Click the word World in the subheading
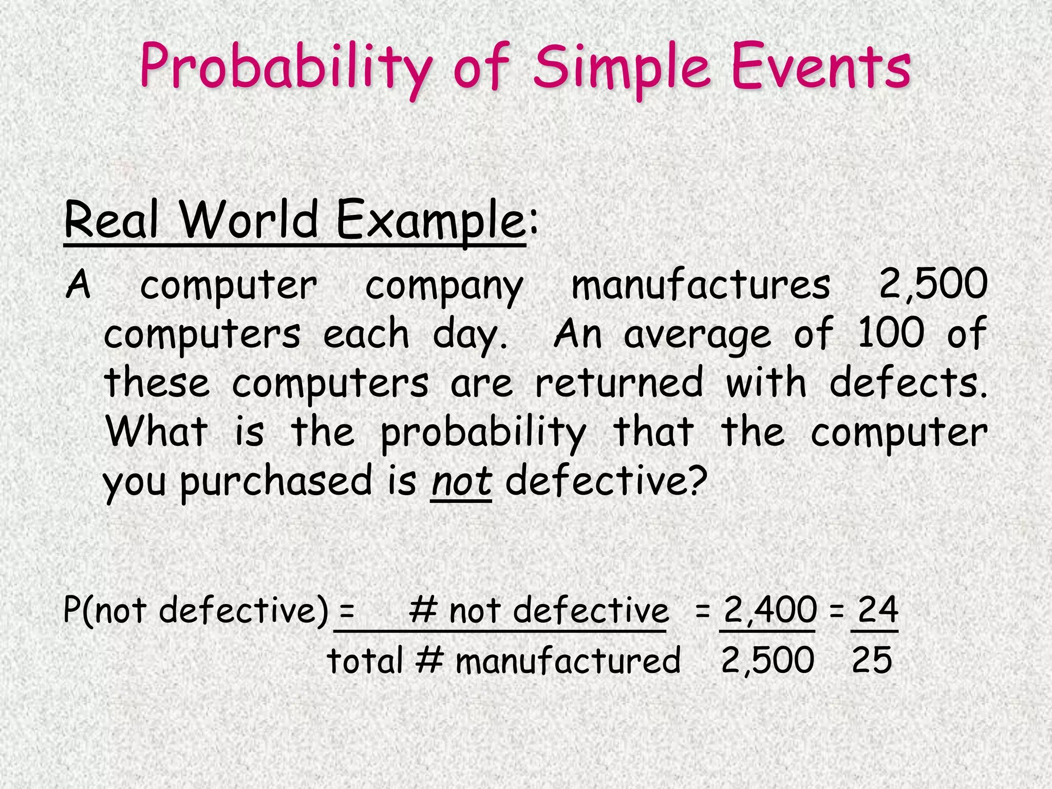pyautogui.click(x=250, y=219)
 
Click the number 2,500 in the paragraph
pyautogui.click(x=933, y=284)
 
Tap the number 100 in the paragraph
pyautogui.click(x=890, y=333)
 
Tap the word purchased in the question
pyautogui.click(x=275, y=482)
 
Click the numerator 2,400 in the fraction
pyautogui.click(x=769, y=610)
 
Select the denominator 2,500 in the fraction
pyautogui.click(x=767, y=660)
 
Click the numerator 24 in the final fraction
pyautogui.click(x=877, y=610)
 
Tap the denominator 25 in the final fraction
pyautogui.click(x=872, y=660)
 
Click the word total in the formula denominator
pyautogui.click(x=364, y=661)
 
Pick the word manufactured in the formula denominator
pyautogui.click(x=568, y=661)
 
